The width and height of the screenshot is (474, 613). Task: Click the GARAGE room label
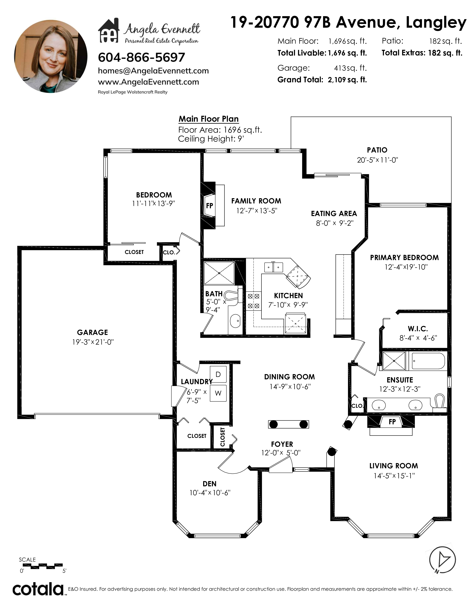(x=92, y=332)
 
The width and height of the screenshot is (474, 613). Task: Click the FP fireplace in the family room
(x=209, y=205)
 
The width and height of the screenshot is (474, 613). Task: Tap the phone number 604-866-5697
(x=141, y=58)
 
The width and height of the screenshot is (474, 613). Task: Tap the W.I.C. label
(x=418, y=329)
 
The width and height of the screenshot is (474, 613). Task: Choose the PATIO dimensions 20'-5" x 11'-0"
(x=377, y=160)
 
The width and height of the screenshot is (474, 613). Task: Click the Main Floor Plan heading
(x=209, y=119)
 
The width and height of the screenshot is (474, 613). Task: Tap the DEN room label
(x=209, y=484)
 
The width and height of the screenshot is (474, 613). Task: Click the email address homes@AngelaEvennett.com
(x=153, y=71)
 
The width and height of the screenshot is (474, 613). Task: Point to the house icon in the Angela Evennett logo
(x=109, y=31)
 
